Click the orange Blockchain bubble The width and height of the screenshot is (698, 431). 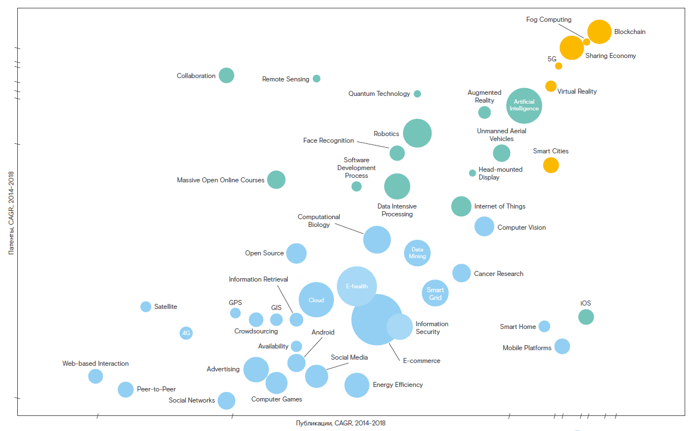point(599,32)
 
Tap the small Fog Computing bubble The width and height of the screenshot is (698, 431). point(586,42)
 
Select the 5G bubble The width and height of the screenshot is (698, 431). point(559,66)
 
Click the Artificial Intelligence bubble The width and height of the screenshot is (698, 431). point(524,105)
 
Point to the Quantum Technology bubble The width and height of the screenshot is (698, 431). point(417,94)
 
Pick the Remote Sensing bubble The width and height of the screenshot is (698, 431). point(317,79)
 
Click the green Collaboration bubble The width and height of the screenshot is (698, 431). point(226,75)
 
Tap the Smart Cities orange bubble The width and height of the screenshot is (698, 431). point(551,165)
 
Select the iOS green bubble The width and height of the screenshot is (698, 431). point(585,317)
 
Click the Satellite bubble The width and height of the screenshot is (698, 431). point(146,307)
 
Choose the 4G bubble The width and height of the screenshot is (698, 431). point(186,333)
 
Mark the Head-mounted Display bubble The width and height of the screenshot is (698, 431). point(472,173)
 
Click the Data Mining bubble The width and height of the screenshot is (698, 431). point(417,253)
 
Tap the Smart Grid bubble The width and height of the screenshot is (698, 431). point(435,293)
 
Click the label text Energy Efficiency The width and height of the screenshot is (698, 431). point(398,385)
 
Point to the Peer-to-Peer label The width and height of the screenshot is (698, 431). point(156,389)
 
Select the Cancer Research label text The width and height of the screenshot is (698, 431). point(498,274)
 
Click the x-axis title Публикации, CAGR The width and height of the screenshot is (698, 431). point(340,423)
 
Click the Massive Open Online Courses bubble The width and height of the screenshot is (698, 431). point(276,180)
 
